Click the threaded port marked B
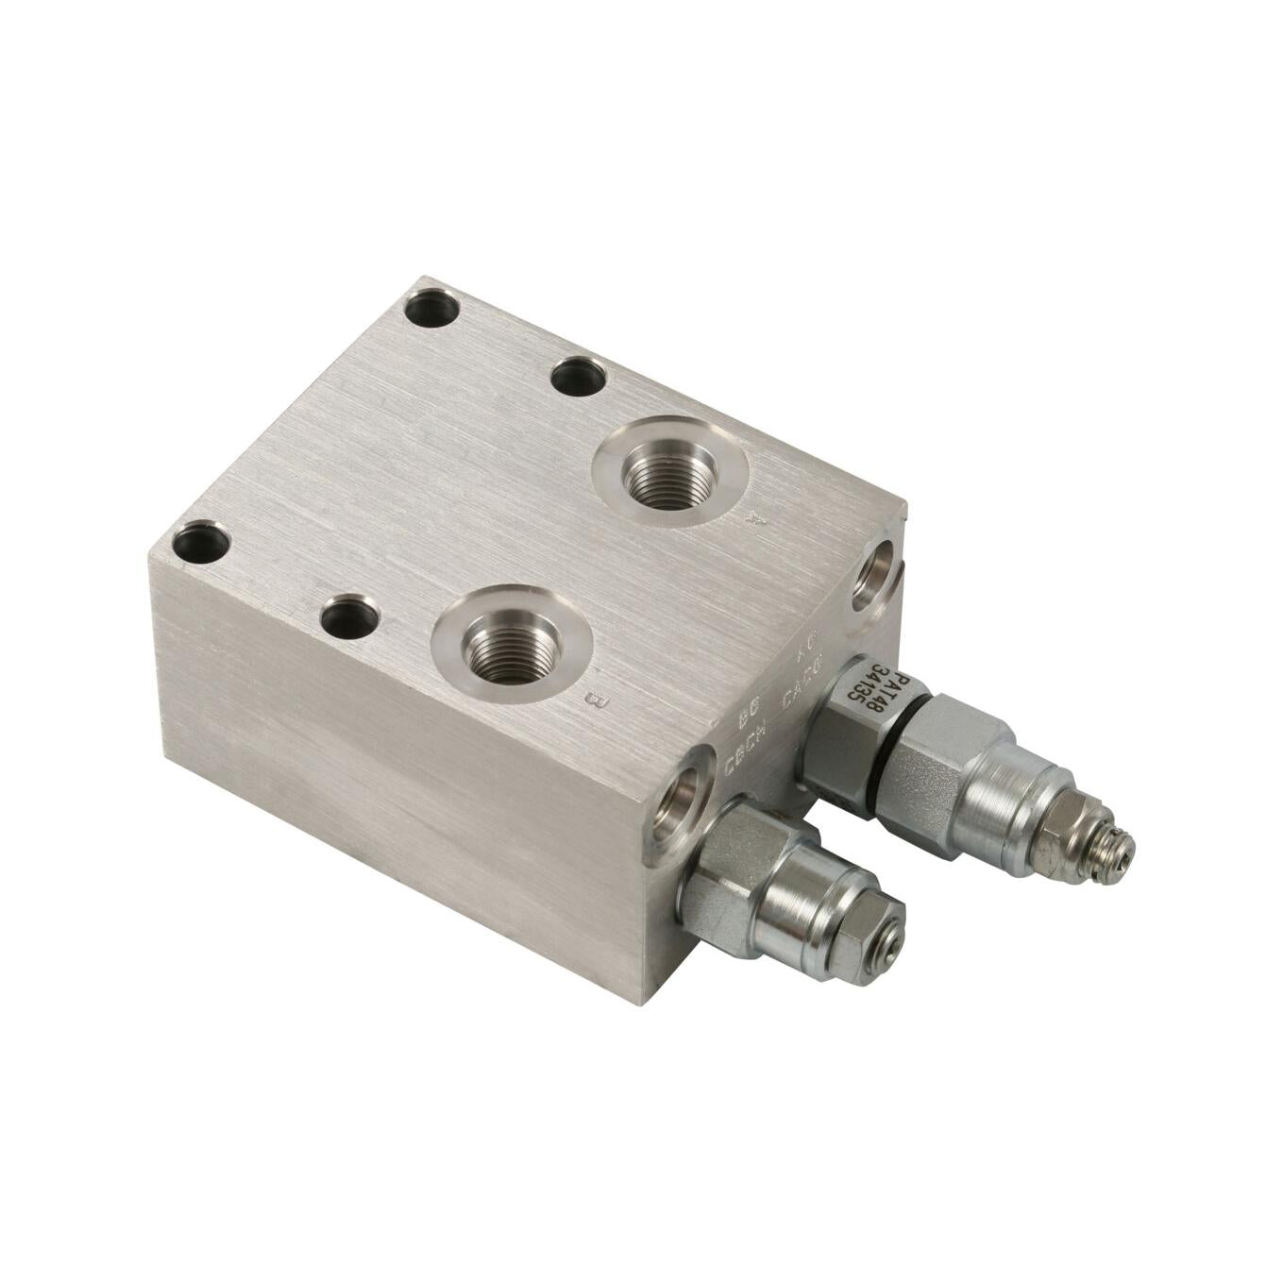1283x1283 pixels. click(511, 645)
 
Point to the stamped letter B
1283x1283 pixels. click(594, 700)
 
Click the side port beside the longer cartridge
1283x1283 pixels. click(874, 578)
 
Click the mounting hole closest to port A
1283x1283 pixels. click(578, 378)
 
